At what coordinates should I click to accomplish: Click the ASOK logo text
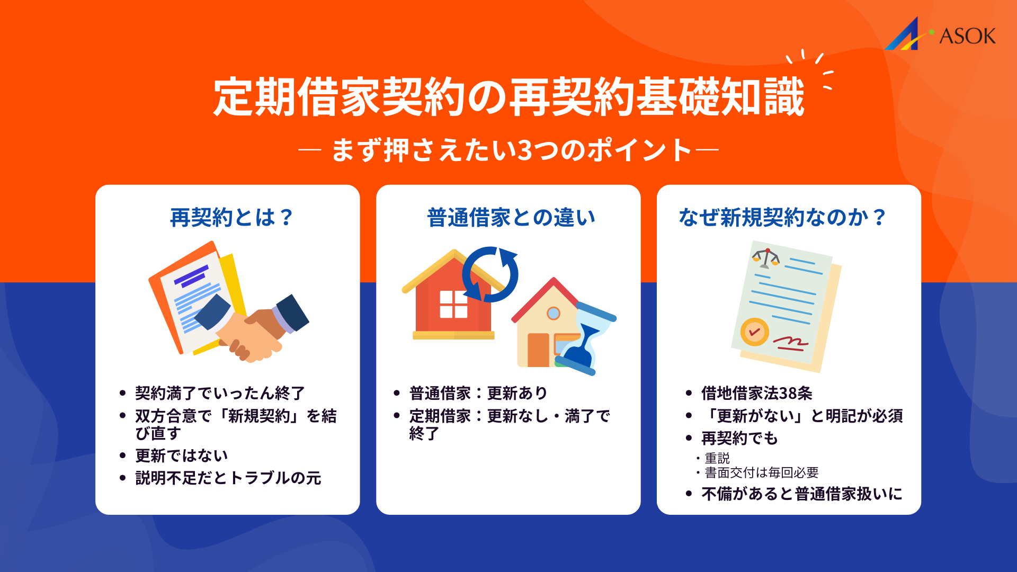pyautogui.click(x=967, y=36)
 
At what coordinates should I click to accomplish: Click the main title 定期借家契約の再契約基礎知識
pyautogui.click(x=508, y=97)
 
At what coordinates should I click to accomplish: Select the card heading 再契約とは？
pyautogui.click(x=231, y=218)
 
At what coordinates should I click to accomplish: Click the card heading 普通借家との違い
pyautogui.click(x=511, y=218)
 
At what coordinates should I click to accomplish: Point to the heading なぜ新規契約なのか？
pyautogui.click(x=782, y=218)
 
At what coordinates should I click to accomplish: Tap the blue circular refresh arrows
pyautogui.click(x=490, y=274)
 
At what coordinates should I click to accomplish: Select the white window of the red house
pyautogui.click(x=453, y=304)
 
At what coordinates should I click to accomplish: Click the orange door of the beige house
pyautogui.click(x=538, y=350)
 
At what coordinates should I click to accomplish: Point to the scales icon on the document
pyautogui.click(x=766, y=258)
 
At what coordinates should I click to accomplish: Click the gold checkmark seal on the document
pyautogui.click(x=754, y=332)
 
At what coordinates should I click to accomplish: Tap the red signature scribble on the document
pyautogui.click(x=790, y=344)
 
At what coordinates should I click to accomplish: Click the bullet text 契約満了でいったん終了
pyautogui.click(x=220, y=393)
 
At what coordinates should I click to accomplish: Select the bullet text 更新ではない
pyautogui.click(x=181, y=455)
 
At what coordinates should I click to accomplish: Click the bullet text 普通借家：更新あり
pyautogui.click(x=478, y=393)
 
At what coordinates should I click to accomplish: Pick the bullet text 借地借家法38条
pyautogui.click(x=756, y=393)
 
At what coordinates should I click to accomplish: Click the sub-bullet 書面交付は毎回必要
pyautogui.click(x=761, y=472)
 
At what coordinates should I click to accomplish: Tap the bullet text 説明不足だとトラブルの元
pyautogui.click(x=228, y=478)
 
